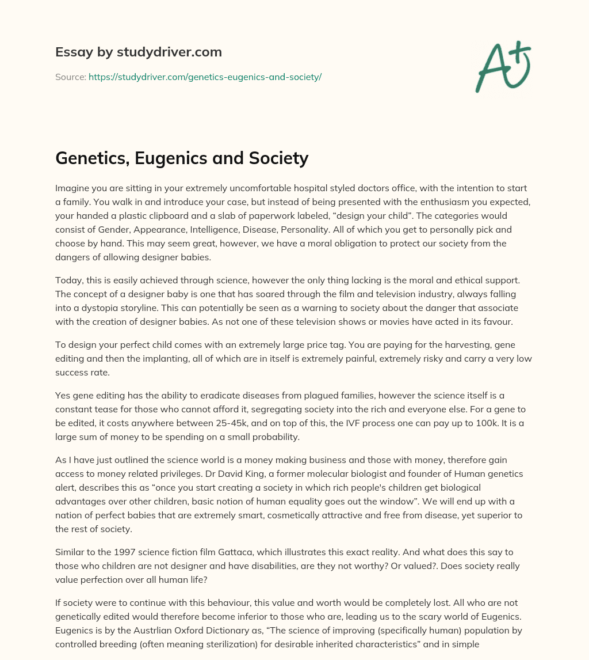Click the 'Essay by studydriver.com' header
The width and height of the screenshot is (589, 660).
coord(139,52)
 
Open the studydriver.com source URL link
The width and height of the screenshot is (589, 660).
coord(205,77)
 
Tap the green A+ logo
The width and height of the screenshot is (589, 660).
coord(503,66)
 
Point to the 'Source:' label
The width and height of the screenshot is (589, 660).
coord(71,77)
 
